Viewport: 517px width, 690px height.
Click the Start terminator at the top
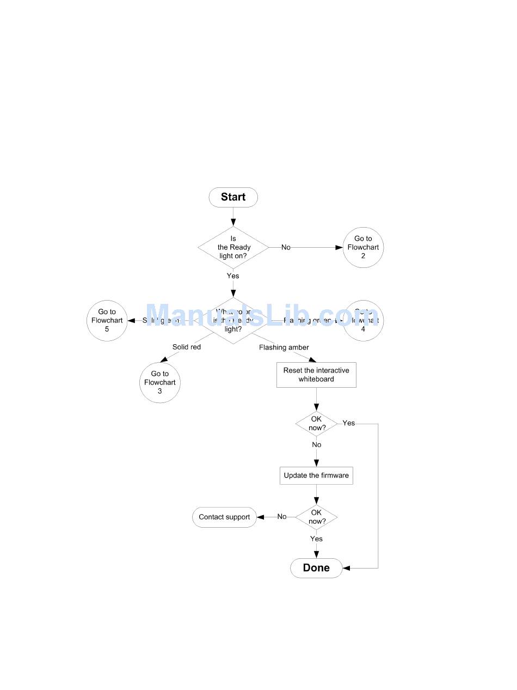click(233, 197)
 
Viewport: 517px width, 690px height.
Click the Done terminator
click(316, 568)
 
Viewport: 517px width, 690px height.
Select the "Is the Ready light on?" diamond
click(233, 248)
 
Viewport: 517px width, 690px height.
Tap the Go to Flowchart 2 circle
click(363, 247)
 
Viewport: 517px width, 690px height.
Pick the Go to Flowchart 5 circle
click(107, 321)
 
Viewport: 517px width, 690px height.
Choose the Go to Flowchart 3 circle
click(160, 382)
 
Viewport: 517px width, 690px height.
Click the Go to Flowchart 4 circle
click(363, 321)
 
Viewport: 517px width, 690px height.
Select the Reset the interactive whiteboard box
click(316, 375)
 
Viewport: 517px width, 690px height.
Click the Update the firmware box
click(316, 475)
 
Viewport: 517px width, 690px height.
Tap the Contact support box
click(224, 517)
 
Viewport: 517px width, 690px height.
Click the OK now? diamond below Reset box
click(316, 424)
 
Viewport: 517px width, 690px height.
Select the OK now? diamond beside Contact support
click(316, 517)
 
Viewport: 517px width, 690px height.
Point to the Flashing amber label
click(284, 347)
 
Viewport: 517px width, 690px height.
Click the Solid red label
click(187, 347)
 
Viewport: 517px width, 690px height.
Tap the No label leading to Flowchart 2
click(286, 247)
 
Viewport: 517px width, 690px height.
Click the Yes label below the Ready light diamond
click(233, 276)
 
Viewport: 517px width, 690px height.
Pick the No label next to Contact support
click(282, 517)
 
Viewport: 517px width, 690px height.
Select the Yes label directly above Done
click(316, 539)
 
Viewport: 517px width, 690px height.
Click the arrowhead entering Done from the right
click(347, 568)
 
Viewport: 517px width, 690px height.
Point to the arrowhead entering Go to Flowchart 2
click(339, 247)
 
